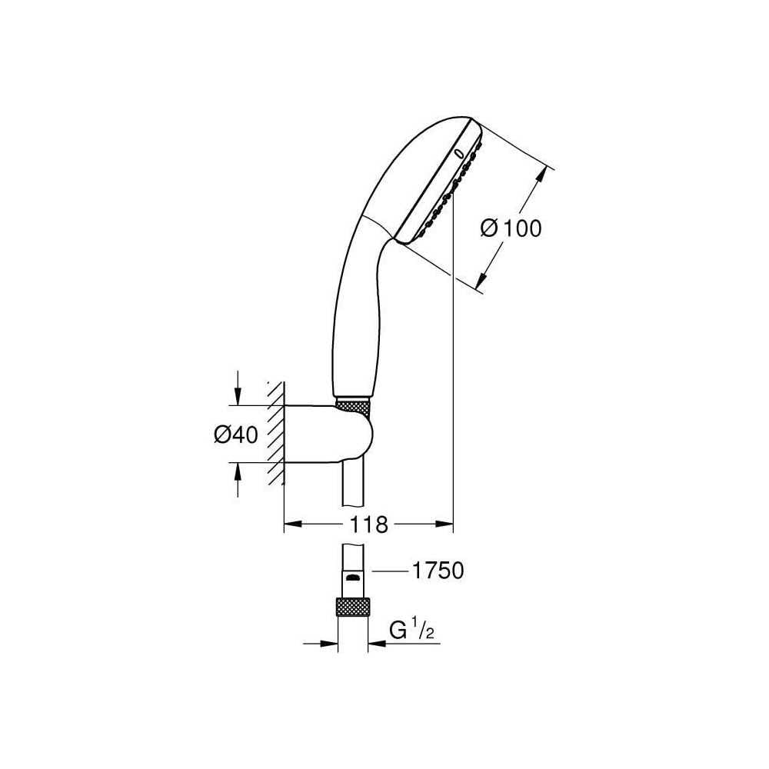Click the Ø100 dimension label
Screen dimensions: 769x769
point(511,228)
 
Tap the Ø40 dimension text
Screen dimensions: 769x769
point(236,434)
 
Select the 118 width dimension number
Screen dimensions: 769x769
point(368,524)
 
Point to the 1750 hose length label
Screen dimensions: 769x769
point(438,571)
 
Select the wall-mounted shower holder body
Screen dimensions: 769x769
point(328,434)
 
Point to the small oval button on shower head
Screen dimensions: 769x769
point(459,154)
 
